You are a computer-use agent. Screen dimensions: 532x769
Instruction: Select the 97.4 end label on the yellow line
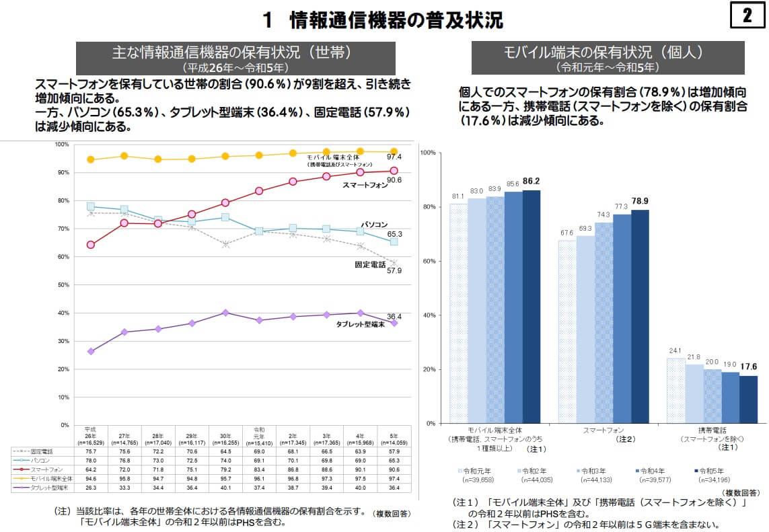coord(394,157)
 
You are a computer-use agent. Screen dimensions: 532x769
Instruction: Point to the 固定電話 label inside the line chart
coord(371,264)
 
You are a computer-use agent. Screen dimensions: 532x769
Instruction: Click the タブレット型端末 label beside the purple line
coord(360,324)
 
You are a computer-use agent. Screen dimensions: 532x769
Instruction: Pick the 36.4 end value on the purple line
coord(394,316)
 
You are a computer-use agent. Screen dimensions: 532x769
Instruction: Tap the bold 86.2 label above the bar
coord(531,181)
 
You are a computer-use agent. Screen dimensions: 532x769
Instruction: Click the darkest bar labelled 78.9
coord(639,316)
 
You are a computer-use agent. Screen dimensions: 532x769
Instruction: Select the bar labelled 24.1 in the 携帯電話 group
coord(675,390)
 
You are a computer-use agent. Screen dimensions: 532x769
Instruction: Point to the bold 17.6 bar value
coord(748,367)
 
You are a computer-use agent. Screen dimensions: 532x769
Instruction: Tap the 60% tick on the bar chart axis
coord(428,261)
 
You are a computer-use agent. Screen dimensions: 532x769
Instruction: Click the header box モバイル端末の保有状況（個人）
coord(607,58)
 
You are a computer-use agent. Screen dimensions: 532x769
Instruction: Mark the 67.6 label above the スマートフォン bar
coord(566,233)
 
